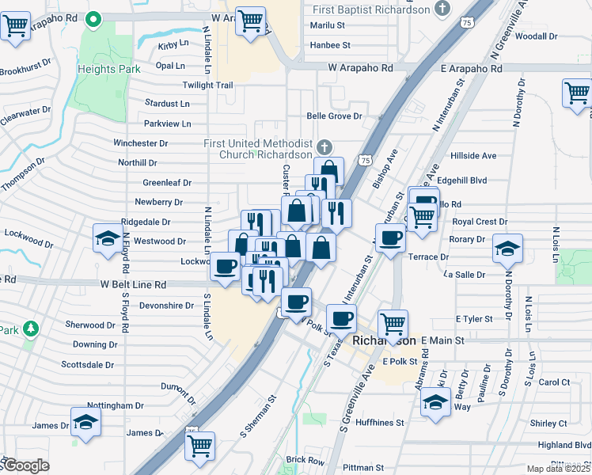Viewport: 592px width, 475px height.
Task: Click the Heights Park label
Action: [108, 69]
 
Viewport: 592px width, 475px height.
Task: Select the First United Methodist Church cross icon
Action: [324, 146]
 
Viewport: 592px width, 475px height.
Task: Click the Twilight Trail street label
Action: [207, 85]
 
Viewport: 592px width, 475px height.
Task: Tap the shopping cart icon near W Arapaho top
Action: [251, 21]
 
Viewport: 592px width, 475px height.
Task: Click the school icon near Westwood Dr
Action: [108, 238]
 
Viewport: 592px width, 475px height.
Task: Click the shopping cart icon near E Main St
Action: [393, 323]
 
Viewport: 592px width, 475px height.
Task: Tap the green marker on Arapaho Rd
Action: [93, 17]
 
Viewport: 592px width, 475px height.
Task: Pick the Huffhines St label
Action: [380, 423]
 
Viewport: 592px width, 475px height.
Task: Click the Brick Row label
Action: [305, 460]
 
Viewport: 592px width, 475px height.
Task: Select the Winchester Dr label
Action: [141, 143]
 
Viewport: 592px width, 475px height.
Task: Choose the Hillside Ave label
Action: [472, 156]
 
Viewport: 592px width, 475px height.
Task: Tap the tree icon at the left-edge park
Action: [30, 328]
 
